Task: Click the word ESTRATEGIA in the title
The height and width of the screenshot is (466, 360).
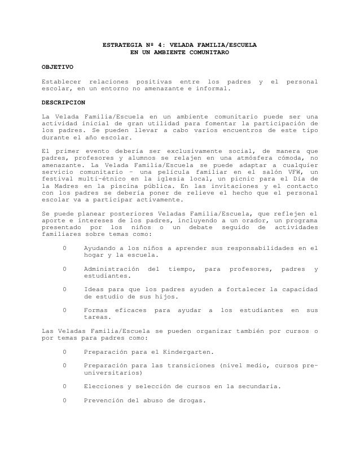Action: tap(120, 45)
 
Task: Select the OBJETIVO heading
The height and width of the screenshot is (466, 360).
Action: tap(58, 67)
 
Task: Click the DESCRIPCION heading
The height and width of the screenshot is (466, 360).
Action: tap(64, 103)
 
